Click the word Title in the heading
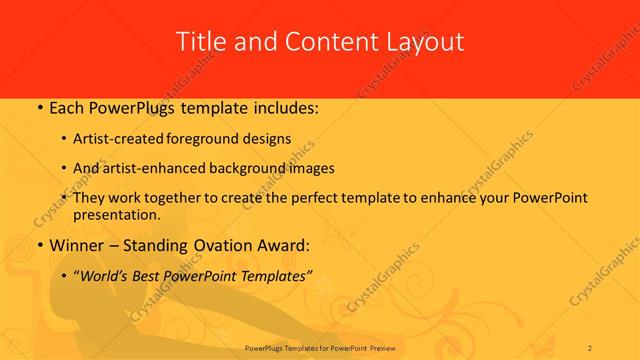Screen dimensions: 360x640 tap(199, 42)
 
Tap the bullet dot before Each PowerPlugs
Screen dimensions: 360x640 tap(39, 106)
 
